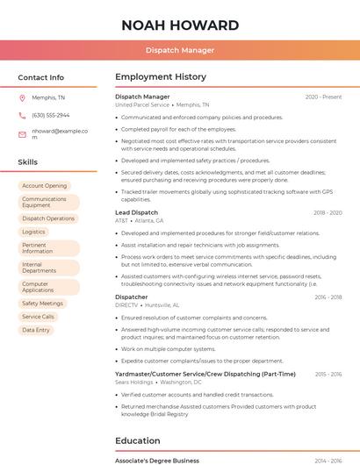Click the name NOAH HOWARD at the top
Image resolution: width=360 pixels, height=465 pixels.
coord(179,25)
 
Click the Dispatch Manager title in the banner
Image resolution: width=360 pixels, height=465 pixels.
coord(179,50)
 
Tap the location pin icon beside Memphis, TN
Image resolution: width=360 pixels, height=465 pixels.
coord(22,98)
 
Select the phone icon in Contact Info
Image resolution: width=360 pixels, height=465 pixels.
coord(22,115)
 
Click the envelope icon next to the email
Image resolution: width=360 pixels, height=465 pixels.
coord(22,134)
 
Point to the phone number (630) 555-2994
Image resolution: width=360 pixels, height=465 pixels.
coord(50,115)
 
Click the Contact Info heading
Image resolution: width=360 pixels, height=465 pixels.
coord(41,77)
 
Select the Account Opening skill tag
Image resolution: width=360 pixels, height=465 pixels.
coord(44,186)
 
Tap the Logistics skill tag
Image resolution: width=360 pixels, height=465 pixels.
coord(33,232)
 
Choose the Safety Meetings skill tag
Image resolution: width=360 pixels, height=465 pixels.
coord(42,303)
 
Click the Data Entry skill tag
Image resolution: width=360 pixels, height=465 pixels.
coord(36,330)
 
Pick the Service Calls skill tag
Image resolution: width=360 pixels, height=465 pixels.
coord(38,317)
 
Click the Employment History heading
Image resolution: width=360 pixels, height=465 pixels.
coord(161,77)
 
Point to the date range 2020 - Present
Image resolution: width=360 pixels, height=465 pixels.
coord(323,97)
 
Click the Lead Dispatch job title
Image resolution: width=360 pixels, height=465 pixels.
coord(137,212)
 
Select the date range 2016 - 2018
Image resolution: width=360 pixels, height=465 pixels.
coord(328,297)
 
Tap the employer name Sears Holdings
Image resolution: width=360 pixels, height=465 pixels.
coord(134,383)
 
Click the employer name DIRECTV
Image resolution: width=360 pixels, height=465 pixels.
coord(127,305)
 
